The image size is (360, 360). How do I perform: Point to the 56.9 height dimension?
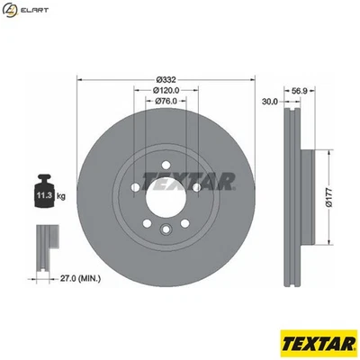pos(300,91)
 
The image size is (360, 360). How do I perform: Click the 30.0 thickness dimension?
pos(268,102)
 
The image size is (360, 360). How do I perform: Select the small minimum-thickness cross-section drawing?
pos(45,247)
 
